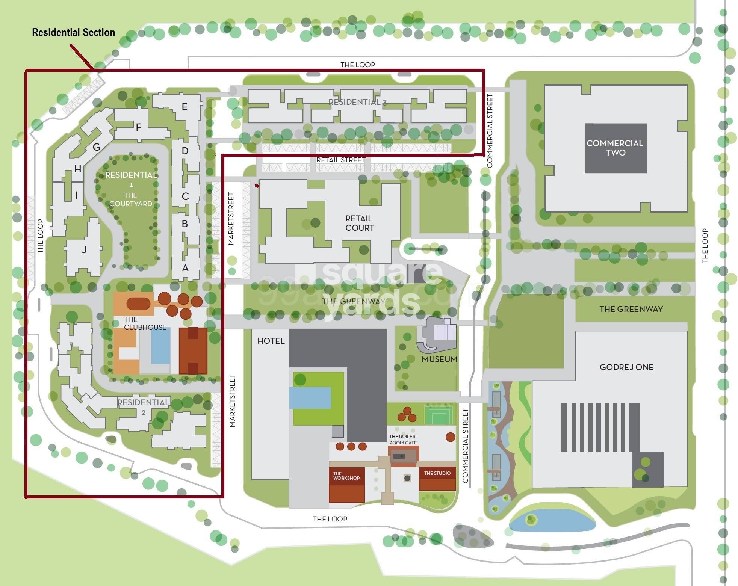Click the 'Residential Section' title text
(73, 33)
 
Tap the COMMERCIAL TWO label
(615, 148)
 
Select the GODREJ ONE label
(626, 367)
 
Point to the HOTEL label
(271, 341)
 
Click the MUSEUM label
(439, 359)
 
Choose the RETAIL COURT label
(359, 223)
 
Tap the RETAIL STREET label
(341, 160)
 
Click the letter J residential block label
(84, 249)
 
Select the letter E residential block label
(184, 107)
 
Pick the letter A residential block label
(185, 268)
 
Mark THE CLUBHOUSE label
(145, 323)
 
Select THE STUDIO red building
(437, 479)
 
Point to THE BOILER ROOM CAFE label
(403, 439)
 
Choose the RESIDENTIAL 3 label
(357, 102)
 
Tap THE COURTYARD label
(130, 199)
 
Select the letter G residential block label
(96, 147)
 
